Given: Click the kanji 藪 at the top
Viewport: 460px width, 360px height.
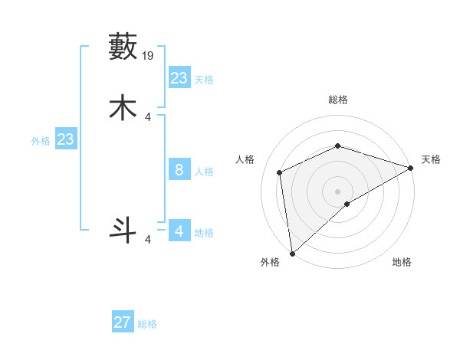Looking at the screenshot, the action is pyautogui.click(x=123, y=47).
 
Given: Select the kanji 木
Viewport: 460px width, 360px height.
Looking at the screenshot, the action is pyautogui.click(x=123, y=107).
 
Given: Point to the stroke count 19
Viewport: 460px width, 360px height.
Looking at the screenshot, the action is pyautogui.click(x=149, y=56).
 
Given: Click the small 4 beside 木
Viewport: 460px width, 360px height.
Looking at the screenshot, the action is pyautogui.click(x=148, y=116).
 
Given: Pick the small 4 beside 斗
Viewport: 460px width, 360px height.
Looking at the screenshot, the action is pyautogui.click(x=148, y=240).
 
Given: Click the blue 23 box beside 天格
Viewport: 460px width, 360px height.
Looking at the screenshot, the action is pyautogui.click(x=179, y=77).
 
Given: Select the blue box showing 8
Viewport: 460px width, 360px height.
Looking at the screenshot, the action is pyautogui.click(x=179, y=169).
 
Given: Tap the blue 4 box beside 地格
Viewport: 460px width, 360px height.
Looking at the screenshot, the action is pyautogui.click(x=179, y=231).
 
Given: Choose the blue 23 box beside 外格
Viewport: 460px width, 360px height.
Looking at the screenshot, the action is pyautogui.click(x=66, y=139).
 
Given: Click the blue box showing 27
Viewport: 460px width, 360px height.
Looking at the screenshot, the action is pyautogui.click(x=123, y=322).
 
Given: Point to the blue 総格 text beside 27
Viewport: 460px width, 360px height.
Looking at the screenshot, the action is pyautogui.click(x=148, y=324).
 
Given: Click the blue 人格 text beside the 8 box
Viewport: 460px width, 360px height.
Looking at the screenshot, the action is pyautogui.click(x=204, y=172).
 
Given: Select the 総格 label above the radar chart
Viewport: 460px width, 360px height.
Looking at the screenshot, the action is pyautogui.click(x=338, y=100).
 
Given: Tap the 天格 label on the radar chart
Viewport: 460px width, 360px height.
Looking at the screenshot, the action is pyautogui.click(x=431, y=159).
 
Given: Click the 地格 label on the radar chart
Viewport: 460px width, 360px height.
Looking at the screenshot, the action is pyautogui.click(x=402, y=262).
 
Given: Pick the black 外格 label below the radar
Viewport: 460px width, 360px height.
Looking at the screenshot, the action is pyautogui.click(x=270, y=262).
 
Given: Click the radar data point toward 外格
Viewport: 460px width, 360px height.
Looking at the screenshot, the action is pyautogui.click(x=292, y=253).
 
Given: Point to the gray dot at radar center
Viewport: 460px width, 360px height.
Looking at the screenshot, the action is pyautogui.click(x=338, y=191).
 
